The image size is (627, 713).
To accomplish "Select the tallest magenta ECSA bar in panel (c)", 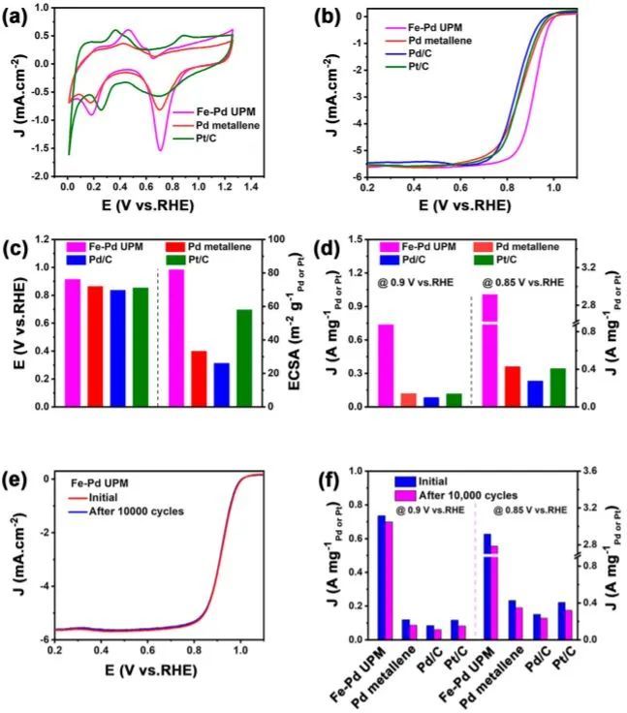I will (176, 337).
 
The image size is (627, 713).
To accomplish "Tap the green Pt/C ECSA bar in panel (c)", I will (245, 357).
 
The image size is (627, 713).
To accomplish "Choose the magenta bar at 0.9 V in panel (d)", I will (386, 365).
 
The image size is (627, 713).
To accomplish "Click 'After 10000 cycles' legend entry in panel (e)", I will (128, 511).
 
